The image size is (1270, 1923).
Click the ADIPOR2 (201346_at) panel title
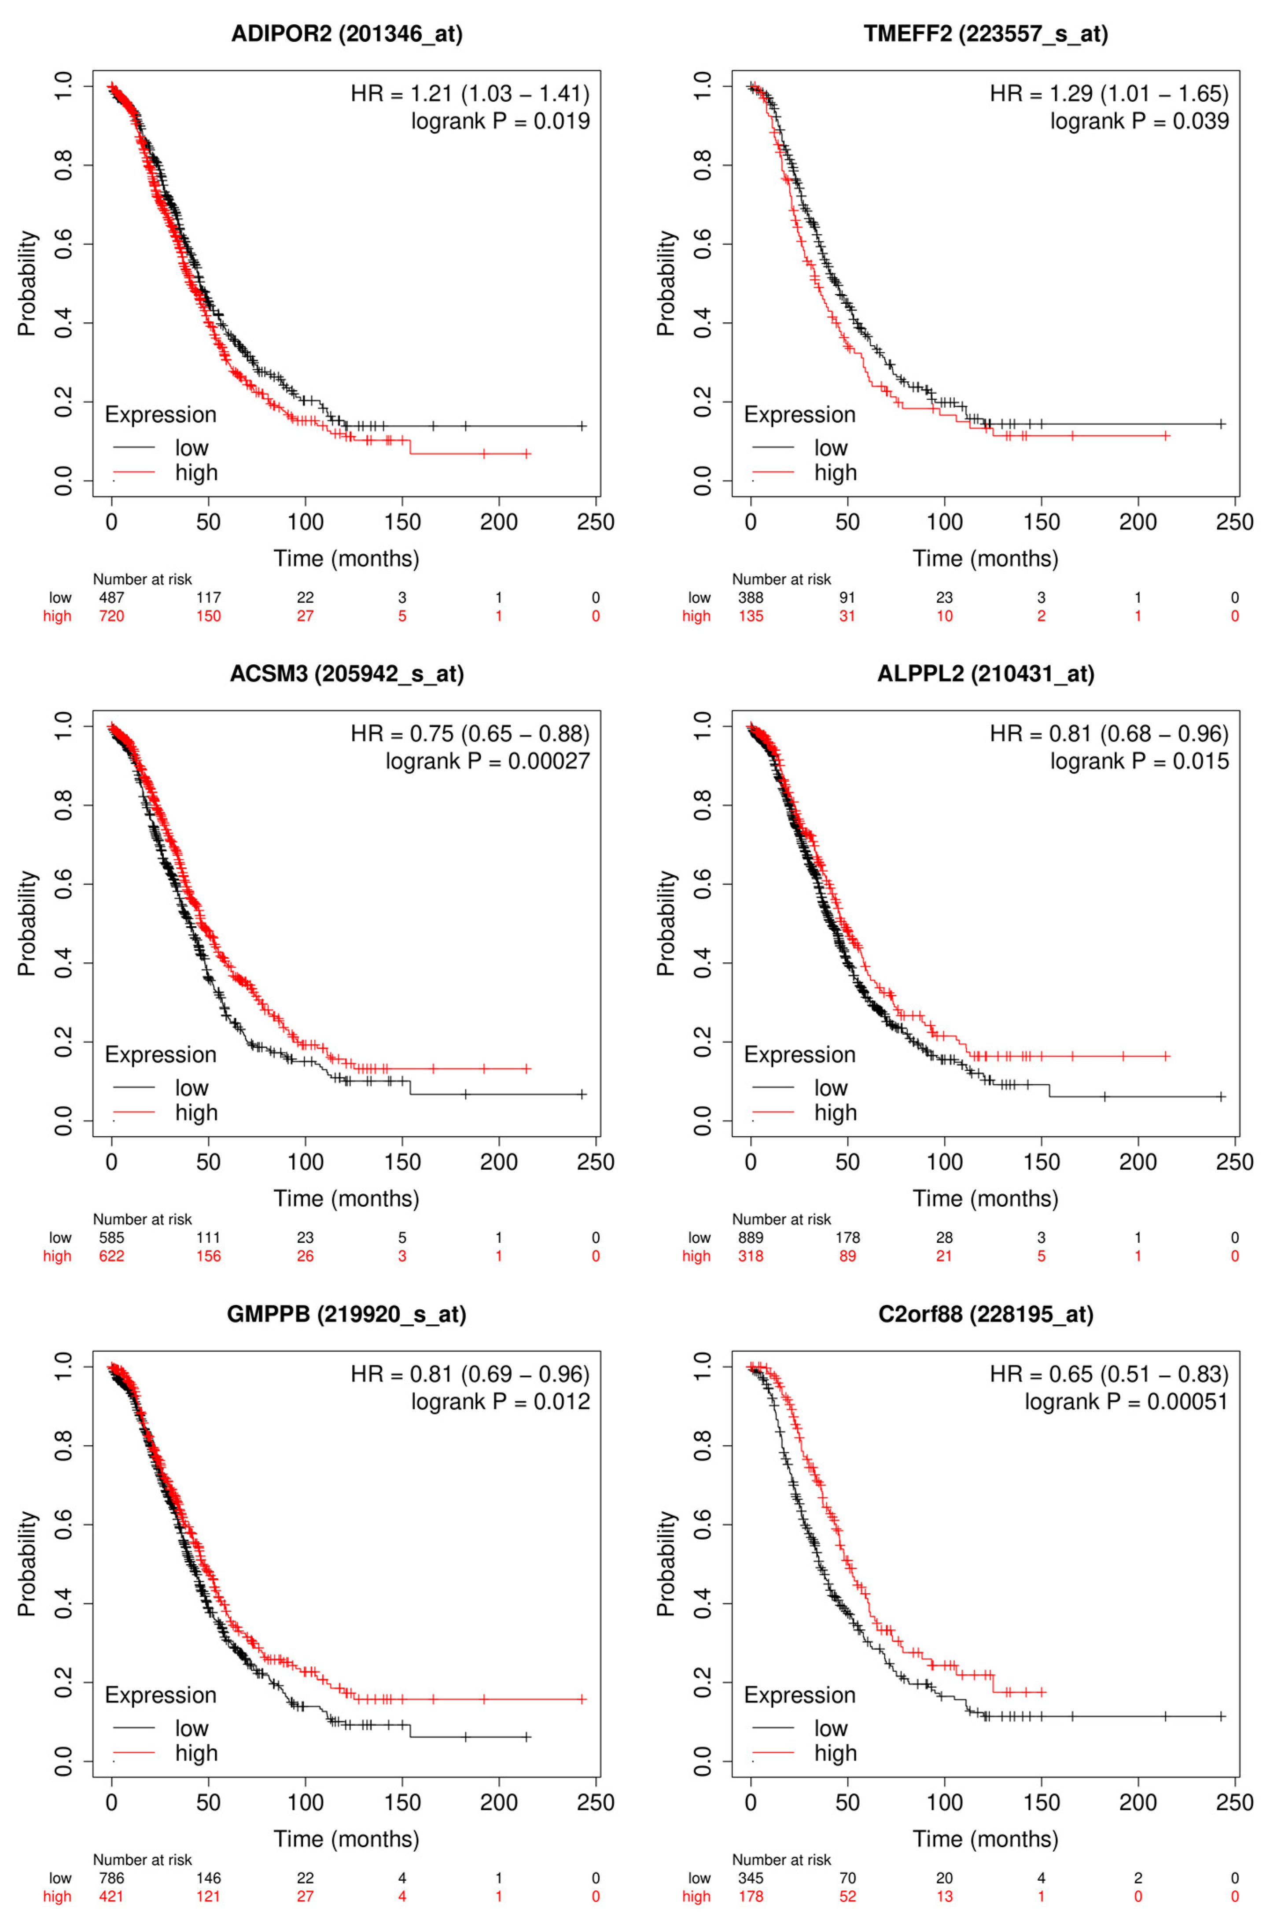click(346, 34)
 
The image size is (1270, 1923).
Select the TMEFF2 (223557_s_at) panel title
click(986, 34)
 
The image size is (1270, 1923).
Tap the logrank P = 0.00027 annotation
click(488, 762)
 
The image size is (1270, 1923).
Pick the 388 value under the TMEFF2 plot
click(751, 598)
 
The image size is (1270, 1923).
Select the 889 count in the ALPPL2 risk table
click(751, 1238)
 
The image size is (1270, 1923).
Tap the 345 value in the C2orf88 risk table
click(751, 1878)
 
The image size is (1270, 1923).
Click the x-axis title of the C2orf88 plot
click(986, 1839)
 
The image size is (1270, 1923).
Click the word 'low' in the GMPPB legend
click(192, 1728)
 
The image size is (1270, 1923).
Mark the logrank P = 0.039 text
click(1140, 122)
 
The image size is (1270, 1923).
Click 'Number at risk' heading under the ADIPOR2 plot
click(143, 579)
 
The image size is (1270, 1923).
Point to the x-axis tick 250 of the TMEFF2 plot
click(1234, 523)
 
